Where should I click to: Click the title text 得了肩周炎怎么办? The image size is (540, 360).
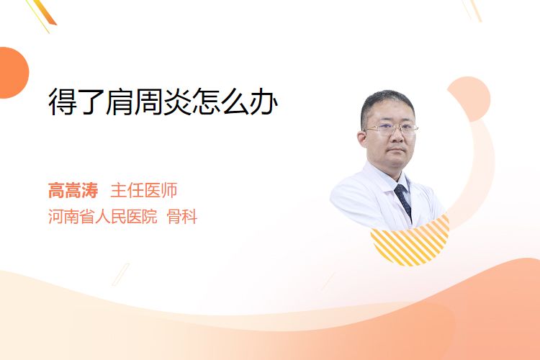[x=163, y=102]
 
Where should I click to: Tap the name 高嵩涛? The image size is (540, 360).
[x=73, y=190]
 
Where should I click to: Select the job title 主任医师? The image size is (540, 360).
[x=144, y=190]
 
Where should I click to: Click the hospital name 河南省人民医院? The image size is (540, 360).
[x=103, y=217]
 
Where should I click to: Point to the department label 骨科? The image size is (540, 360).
[x=182, y=217]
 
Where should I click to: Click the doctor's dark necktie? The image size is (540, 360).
[x=403, y=201]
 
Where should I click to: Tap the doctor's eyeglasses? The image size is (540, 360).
[x=391, y=129]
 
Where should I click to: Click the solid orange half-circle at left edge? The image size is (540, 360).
[x=14, y=73]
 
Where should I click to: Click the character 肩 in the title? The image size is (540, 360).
[x=120, y=102]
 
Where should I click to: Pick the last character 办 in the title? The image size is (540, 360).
[x=264, y=102]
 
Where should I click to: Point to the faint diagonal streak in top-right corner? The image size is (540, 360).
[x=472, y=10]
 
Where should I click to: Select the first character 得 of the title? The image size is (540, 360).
[x=63, y=102]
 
